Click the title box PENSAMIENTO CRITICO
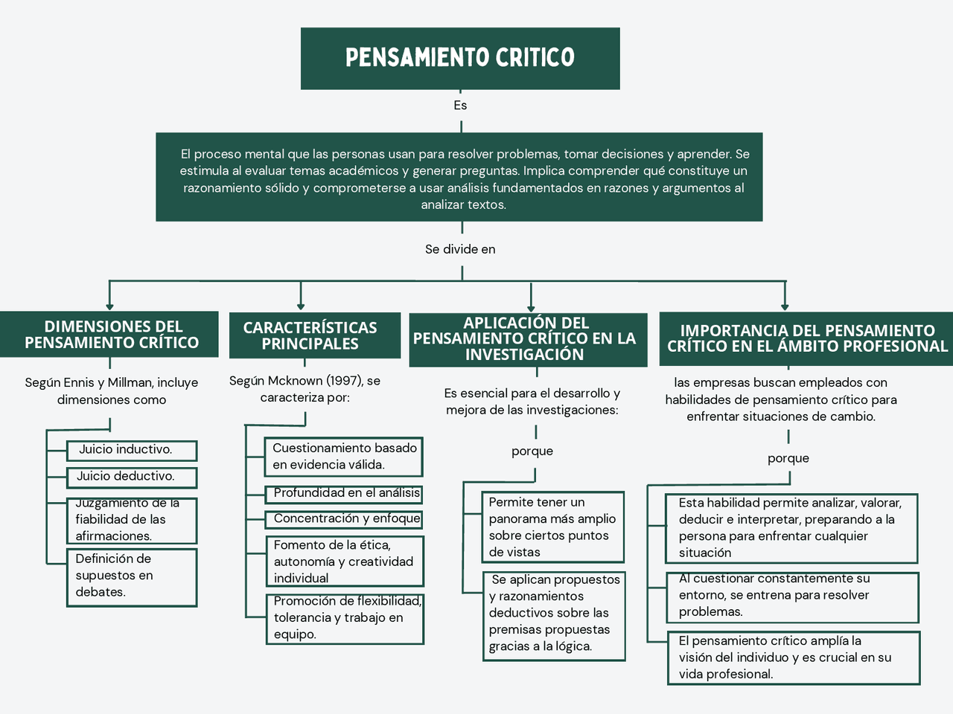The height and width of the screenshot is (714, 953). tap(460, 59)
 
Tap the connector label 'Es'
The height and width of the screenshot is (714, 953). tap(460, 106)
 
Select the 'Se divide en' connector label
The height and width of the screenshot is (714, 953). tap(460, 249)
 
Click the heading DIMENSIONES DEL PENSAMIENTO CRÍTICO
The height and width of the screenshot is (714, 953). tap(110, 335)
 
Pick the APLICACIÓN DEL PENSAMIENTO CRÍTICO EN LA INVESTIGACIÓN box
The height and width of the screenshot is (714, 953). tap(527, 339)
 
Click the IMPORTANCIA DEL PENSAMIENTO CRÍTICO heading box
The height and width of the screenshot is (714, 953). tap(806, 338)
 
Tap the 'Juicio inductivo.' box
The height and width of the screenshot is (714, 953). tap(132, 450)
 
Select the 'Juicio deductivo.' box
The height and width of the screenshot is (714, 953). tap(132, 477)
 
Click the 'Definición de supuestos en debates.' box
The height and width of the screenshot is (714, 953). tap(132, 576)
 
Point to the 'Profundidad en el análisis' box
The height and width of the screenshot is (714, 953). tap(344, 493)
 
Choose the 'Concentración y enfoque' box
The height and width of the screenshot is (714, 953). tap(344, 518)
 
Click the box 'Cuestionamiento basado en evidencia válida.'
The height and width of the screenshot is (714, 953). tap(343, 457)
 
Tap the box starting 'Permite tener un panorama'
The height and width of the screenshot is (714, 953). tap(552, 527)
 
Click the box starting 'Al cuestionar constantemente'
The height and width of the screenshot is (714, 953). tap(792, 596)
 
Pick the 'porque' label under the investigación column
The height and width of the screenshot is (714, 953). tap(532, 451)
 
